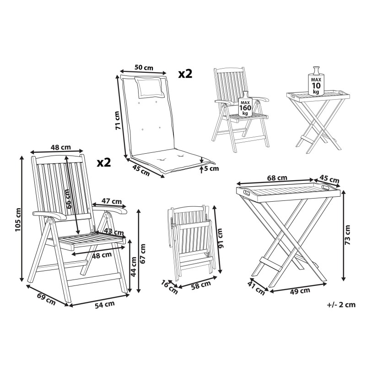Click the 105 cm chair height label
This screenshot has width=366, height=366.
[18, 220]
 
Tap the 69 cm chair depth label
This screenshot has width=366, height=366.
[47, 299]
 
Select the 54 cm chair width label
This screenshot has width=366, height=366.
[105, 305]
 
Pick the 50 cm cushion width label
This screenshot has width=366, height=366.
[144, 67]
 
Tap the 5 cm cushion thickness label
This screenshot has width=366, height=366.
[211, 168]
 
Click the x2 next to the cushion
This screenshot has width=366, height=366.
[185, 74]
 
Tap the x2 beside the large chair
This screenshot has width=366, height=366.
[104, 163]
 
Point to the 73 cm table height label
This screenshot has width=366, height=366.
[348, 235]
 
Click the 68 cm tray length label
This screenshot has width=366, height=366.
[277, 178]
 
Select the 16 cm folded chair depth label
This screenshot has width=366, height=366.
[169, 287]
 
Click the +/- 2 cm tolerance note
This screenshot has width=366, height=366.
[341, 305]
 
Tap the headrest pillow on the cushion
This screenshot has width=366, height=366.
[149, 87]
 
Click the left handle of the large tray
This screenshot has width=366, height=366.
[247, 193]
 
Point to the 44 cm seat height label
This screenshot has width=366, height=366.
[133, 267]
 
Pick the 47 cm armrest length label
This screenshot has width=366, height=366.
[112, 201]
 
